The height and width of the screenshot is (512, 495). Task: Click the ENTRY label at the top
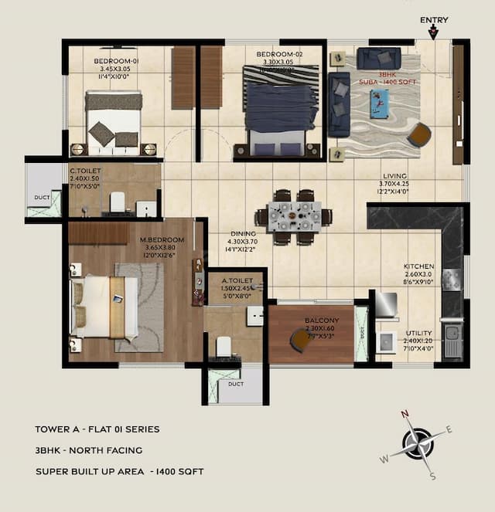433,20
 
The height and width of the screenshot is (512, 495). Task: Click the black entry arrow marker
433,32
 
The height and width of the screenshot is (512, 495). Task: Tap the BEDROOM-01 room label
116,61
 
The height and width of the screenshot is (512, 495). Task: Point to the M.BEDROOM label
162,239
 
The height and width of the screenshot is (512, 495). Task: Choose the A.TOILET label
234,280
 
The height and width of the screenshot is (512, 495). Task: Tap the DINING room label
243,233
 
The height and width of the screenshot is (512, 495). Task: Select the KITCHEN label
418,266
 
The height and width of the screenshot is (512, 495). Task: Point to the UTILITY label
419,333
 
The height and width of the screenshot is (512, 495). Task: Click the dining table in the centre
294,216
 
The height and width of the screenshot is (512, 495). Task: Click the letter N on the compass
405,414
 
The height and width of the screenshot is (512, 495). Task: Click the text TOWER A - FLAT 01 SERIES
97,429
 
